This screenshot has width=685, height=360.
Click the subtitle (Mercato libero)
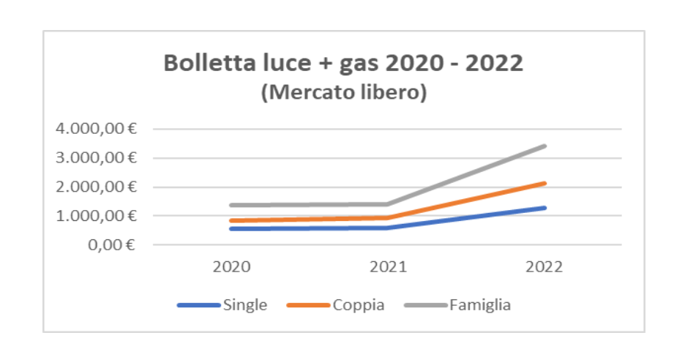click(344, 94)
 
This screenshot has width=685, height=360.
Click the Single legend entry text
click(245, 305)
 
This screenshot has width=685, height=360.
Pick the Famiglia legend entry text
click(480, 305)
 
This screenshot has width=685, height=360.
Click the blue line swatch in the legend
click(198, 305)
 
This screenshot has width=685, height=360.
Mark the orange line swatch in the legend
click(308, 305)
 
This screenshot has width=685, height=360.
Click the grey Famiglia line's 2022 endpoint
click(544, 146)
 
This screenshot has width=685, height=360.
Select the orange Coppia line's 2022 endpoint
click(544, 183)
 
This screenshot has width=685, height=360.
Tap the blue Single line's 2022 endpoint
click(544, 208)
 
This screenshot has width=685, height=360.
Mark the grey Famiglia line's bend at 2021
click(388, 204)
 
